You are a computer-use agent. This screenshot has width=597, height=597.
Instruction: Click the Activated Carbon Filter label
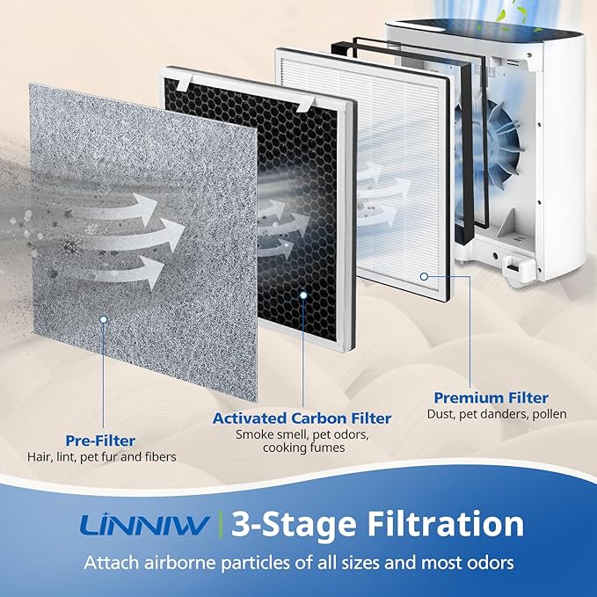pyautogui.click(x=302, y=418)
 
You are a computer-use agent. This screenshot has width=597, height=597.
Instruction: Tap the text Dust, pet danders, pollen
pyautogui.click(x=497, y=414)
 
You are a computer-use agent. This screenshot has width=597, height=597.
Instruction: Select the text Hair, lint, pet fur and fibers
pyautogui.click(x=100, y=456)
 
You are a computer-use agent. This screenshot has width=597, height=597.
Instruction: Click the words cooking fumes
pyautogui.click(x=302, y=448)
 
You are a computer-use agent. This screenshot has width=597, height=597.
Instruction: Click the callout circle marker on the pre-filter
pyautogui.click(x=105, y=322)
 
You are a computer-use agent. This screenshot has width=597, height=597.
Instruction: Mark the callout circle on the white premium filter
pyautogui.click(x=424, y=275)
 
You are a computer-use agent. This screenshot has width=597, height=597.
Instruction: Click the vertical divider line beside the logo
pyautogui.click(x=219, y=525)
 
